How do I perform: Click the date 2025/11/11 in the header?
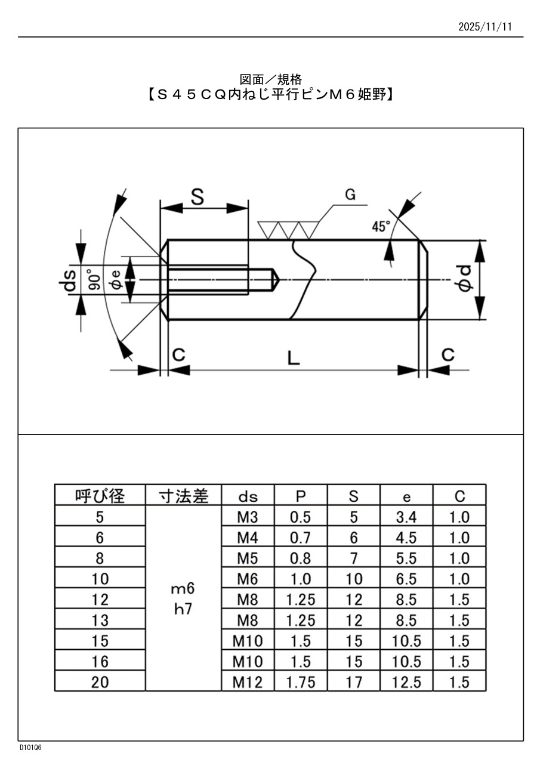point(485,27)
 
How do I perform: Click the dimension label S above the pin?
point(197,198)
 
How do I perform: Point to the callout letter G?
point(350,195)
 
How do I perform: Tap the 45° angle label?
point(380,226)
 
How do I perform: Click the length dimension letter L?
point(293,357)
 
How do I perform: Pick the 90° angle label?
point(94,279)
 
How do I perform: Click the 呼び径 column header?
point(100,496)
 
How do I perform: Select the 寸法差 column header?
point(183,496)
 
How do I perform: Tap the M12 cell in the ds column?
point(247,682)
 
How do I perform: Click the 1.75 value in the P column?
point(300,682)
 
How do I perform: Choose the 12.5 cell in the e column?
point(406,682)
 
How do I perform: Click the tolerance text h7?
point(183,610)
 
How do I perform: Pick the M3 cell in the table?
point(247,517)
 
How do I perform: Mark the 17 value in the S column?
point(354,682)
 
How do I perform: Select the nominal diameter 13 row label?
point(100,621)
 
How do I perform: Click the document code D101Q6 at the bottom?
point(30,748)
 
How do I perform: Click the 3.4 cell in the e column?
point(406,517)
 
